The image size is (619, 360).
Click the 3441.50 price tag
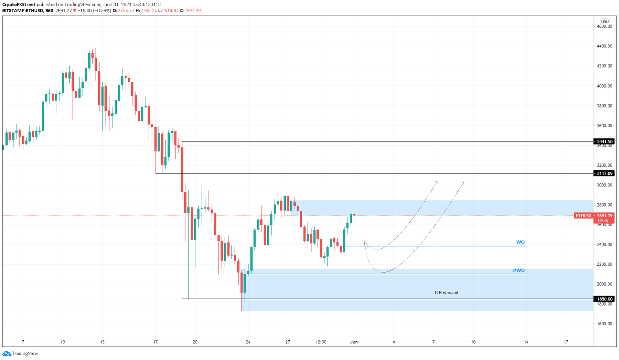click(604, 141)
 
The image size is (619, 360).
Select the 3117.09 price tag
click(604, 174)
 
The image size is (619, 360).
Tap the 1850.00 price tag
click(604, 299)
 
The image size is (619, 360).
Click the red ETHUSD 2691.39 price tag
click(594, 216)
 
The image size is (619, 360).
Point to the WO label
click(520, 242)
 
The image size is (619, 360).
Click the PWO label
click(519, 270)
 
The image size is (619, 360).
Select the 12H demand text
click(446, 293)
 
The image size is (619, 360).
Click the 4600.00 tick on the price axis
click(604, 27)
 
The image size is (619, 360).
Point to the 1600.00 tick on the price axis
click(604, 324)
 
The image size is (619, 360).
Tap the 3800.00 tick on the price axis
click(604, 106)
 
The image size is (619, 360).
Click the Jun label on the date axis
click(354, 342)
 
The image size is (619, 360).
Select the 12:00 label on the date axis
click(321, 342)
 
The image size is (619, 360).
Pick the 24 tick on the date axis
click(248, 342)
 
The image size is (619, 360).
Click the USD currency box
click(604, 21)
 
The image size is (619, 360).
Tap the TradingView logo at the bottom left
click(20, 353)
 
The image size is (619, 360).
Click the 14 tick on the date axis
click(526, 342)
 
